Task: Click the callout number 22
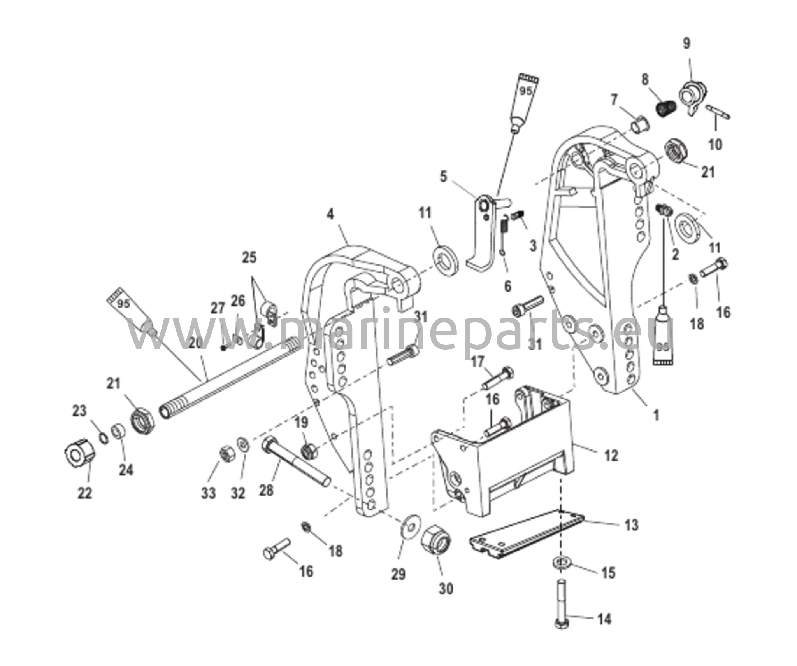pyautogui.click(x=85, y=493)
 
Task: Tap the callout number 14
pyautogui.click(x=604, y=630)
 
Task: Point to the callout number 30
pyautogui.click(x=446, y=589)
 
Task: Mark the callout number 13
pyautogui.click(x=631, y=525)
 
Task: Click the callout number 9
pyautogui.click(x=686, y=44)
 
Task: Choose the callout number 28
pyautogui.click(x=266, y=490)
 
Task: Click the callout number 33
pyautogui.click(x=208, y=493)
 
